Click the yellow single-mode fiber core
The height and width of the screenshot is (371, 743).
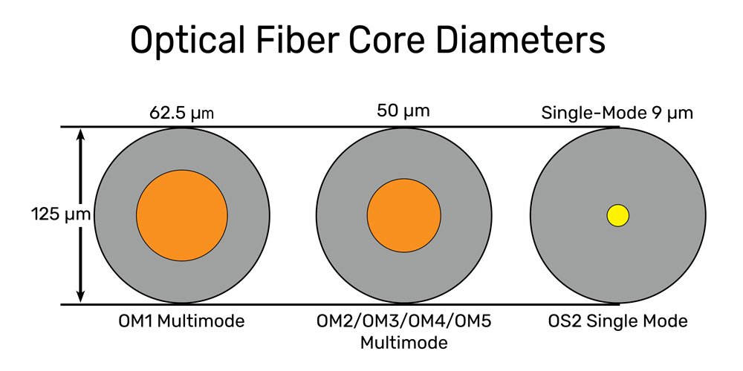coord(618,216)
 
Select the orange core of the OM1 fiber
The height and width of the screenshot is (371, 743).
coord(182,215)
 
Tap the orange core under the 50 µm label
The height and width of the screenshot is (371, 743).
coord(403,215)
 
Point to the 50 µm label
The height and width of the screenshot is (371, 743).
coord(403,112)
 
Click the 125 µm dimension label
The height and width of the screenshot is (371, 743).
coord(61,215)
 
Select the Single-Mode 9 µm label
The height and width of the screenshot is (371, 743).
coord(617,114)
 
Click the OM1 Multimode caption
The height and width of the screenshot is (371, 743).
coord(182,322)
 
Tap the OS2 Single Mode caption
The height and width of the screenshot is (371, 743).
coord(618,322)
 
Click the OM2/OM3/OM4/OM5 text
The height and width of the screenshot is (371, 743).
coord(403,322)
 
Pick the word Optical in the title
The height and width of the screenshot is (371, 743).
coord(188,41)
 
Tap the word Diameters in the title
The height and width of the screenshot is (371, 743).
coord(521,40)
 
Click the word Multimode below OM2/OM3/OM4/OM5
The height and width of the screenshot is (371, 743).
coord(403,343)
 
